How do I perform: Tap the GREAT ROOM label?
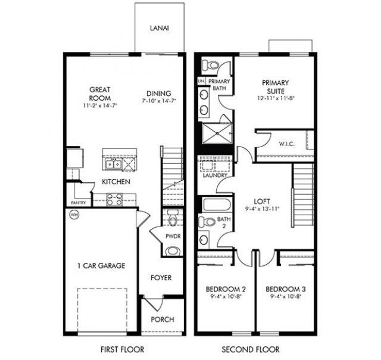tap(99, 94)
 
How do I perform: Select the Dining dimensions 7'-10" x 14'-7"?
tap(157, 103)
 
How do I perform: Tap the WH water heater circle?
tap(74, 215)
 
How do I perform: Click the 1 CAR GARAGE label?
tap(101, 266)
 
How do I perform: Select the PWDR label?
tap(173, 236)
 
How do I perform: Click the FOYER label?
tap(161, 278)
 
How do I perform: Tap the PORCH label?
tap(162, 319)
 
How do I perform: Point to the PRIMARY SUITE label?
tap(274, 87)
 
